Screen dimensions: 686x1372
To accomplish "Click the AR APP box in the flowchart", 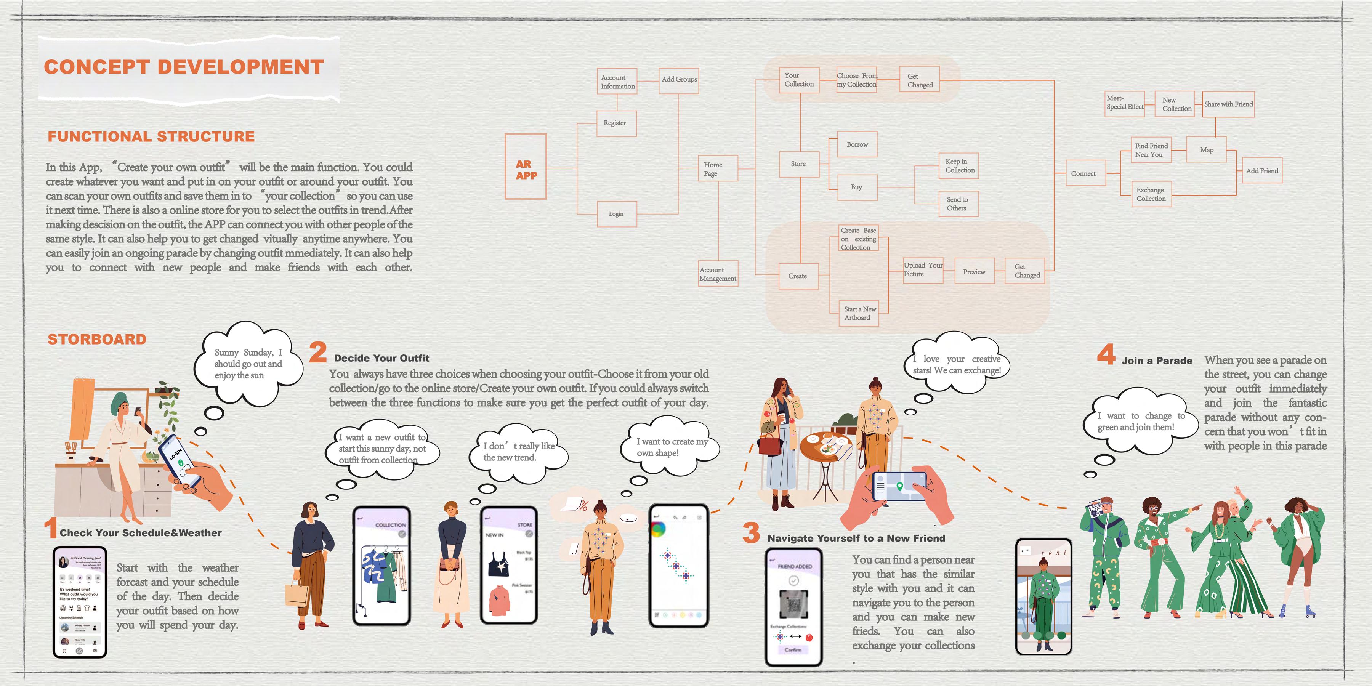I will [x=526, y=167].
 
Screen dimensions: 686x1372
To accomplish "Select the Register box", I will [x=616, y=123].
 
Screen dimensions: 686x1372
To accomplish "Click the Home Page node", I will [x=717, y=169].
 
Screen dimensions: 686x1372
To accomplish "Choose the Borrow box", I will [x=857, y=144].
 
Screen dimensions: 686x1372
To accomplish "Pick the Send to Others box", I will [x=958, y=204].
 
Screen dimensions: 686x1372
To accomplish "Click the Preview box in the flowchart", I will [x=974, y=272].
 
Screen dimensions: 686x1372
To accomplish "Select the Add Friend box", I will [x=1262, y=170].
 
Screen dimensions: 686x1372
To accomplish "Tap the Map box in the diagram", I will [x=1207, y=150].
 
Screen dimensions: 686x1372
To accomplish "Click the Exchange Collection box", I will [x=1151, y=194].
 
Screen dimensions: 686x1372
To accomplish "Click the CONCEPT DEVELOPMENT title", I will [x=184, y=67].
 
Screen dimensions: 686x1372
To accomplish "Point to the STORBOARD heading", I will [x=97, y=339].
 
